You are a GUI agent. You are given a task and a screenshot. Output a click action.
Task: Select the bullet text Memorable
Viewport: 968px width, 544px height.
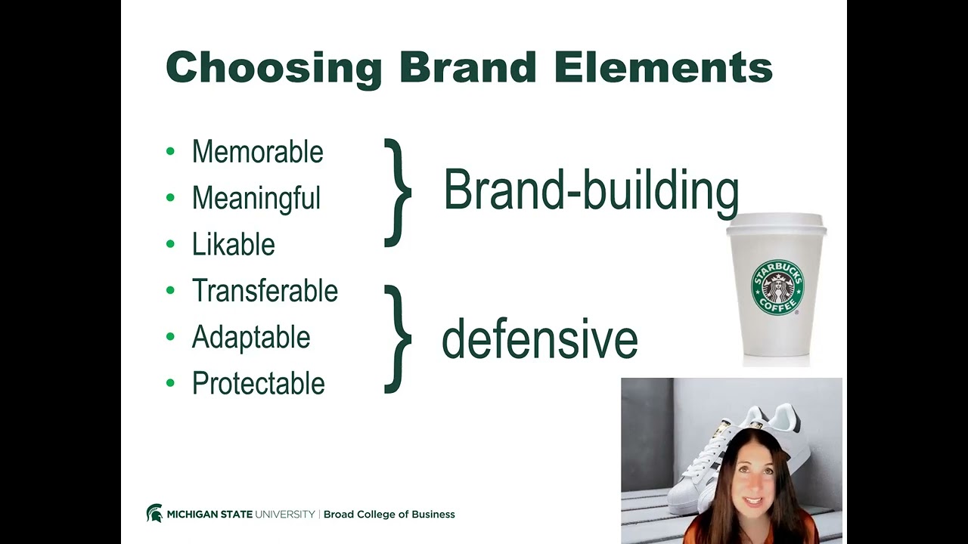click(x=257, y=152)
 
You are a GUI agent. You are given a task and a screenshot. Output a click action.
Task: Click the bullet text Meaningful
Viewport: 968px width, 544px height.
click(x=256, y=199)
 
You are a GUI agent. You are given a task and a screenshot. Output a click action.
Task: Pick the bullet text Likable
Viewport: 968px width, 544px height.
click(x=233, y=245)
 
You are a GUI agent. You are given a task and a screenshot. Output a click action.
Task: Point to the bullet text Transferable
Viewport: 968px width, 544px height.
click(x=265, y=291)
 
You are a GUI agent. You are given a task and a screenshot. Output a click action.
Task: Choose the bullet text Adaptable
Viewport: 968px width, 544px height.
click(x=251, y=337)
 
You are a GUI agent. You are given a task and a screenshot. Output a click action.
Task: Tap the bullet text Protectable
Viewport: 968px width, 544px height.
click(x=258, y=384)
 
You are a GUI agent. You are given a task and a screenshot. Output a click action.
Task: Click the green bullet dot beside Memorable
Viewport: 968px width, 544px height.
click(x=170, y=152)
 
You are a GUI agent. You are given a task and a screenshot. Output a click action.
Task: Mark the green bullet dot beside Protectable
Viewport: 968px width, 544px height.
click(x=170, y=383)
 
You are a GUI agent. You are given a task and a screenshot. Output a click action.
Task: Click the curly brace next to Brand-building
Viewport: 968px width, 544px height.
click(x=398, y=193)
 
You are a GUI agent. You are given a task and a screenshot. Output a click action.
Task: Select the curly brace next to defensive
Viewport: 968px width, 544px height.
click(x=398, y=339)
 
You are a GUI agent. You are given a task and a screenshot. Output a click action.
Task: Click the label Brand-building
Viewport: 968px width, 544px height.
click(x=591, y=191)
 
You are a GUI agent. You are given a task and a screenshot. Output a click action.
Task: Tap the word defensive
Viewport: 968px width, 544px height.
click(x=539, y=339)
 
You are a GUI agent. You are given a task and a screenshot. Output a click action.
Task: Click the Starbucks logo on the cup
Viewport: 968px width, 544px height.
click(x=777, y=288)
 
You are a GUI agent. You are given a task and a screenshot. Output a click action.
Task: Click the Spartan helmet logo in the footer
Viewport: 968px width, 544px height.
click(x=154, y=514)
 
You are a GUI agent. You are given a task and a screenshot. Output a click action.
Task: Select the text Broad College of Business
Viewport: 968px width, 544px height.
click(x=389, y=515)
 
